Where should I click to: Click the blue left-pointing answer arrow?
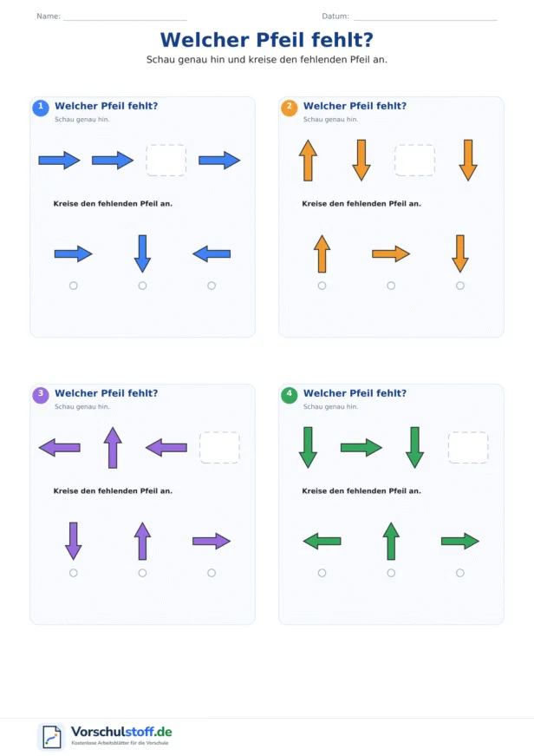click(212, 253)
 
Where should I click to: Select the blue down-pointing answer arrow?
click(142, 253)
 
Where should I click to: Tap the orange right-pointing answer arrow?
click(391, 253)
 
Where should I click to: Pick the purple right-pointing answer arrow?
click(212, 541)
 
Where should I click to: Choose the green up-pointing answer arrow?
click(391, 541)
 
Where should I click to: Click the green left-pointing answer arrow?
click(322, 541)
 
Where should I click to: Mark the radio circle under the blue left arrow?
click(212, 286)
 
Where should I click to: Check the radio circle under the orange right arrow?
click(391, 286)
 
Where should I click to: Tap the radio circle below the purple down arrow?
click(73, 573)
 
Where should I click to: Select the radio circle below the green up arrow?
click(391, 573)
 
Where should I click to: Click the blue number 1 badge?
click(41, 108)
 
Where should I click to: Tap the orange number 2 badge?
click(289, 108)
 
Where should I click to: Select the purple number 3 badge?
click(41, 395)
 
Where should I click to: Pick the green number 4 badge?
click(289, 395)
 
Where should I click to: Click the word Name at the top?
click(49, 16)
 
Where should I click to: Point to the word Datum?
click(335, 16)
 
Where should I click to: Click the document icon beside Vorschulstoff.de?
click(51, 737)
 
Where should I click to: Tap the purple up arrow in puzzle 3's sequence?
click(113, 447)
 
